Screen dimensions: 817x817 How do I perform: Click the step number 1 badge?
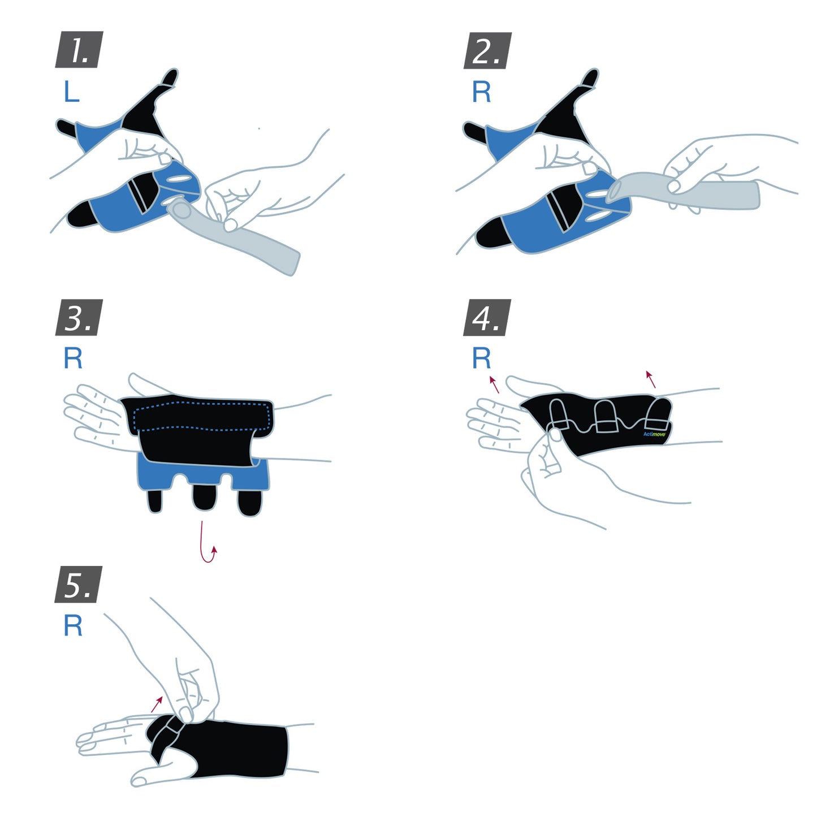(79, 50)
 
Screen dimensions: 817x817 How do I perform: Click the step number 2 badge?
(487, 50)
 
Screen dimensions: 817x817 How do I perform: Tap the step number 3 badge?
(79, 317)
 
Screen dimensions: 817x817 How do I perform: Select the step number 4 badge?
(487, 317)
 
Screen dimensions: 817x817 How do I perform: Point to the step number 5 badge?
(79, 584)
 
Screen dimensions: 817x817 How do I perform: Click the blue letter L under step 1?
(71, 92)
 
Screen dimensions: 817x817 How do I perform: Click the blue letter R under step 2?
(481, 92)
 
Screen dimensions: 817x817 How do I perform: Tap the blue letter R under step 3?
(73, 358)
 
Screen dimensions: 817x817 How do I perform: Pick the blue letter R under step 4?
(481, 358)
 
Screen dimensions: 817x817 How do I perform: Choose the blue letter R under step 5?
(73, 626)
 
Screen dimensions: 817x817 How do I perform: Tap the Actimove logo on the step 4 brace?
(654, 434)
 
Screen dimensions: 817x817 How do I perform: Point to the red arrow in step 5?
(157, 704)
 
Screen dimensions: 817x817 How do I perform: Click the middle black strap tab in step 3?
(204, 497)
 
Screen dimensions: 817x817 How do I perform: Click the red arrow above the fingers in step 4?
(494, 384)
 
